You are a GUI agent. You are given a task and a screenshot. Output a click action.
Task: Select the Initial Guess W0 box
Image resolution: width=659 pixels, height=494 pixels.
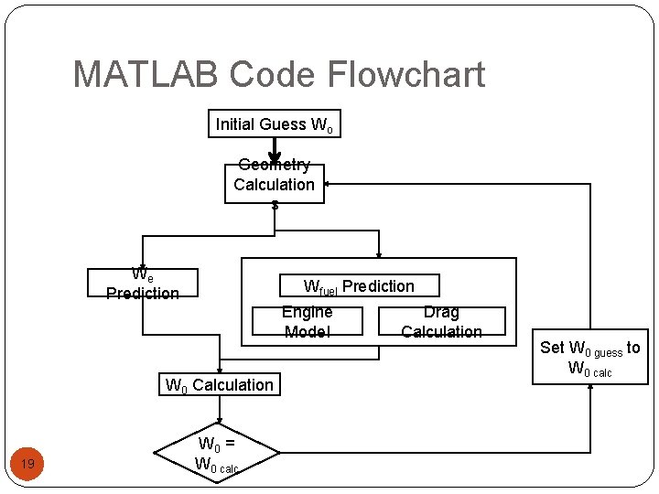pos(275,124)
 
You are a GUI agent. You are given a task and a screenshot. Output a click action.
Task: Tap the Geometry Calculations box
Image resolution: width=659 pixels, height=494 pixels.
pos(274,183)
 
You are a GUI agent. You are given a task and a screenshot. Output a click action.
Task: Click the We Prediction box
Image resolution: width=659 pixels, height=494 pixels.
pos(142,283)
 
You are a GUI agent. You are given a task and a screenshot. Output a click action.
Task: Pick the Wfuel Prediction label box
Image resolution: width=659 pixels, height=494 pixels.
pos(359,286)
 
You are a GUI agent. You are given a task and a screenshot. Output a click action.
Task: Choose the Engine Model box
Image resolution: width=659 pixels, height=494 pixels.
pos(307,322)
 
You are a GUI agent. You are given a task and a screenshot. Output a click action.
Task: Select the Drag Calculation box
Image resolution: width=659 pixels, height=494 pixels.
pos(441,322)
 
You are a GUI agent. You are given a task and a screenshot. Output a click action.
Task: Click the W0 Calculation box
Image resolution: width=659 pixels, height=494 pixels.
pos(219,385)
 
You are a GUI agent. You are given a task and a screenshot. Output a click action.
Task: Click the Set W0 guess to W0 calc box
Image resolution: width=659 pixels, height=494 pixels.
pos(590,358)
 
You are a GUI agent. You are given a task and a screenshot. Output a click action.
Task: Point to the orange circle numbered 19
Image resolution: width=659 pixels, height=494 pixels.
pos(27,465)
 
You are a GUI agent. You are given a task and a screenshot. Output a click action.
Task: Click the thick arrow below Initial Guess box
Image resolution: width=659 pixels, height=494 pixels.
pos(274,151)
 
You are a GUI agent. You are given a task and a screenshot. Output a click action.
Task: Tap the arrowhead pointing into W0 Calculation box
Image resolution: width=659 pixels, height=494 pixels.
pos(219,368)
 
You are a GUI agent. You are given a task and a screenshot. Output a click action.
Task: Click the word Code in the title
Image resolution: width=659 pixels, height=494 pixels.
pos(272,74)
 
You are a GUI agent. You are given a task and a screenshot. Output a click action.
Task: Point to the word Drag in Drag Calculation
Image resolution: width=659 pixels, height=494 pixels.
pos(441,312)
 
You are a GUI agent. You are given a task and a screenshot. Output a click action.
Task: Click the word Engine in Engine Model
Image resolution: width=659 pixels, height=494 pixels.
pos(307,312)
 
